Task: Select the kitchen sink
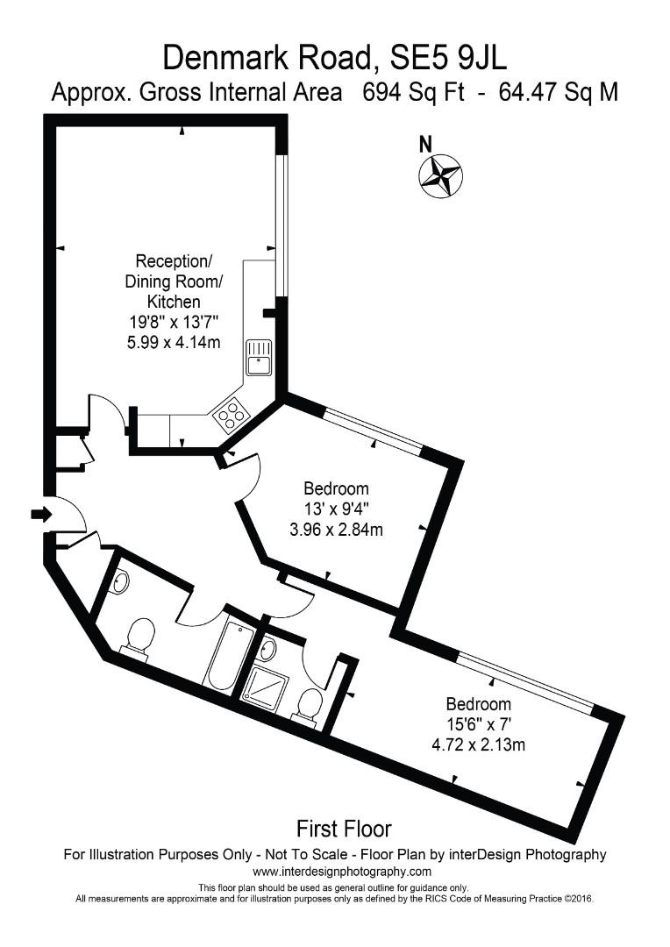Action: tap(260, 357)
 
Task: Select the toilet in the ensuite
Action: tap(310, 706)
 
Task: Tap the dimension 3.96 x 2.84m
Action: tap(337, 529)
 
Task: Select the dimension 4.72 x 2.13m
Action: tap(479, 744)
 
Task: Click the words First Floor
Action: tap(344, 828)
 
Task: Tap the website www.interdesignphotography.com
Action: tap(342, 872)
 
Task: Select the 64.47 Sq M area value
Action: tap(558, 92)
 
